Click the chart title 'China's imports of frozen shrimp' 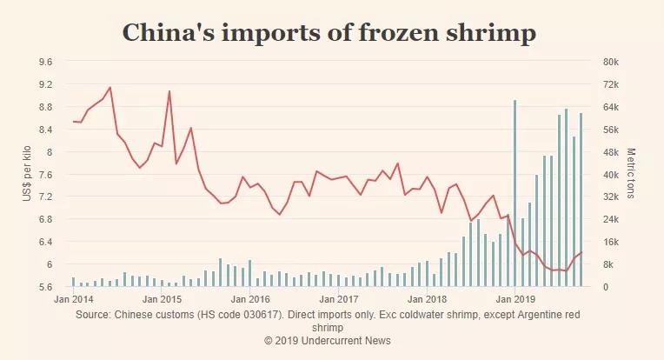click(x=329, y=33)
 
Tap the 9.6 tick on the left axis click(x=46, y=62)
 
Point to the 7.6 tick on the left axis click(x=46, y=175)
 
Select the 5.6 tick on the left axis click(x=46, y=287)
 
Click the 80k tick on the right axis click(x=610, y=62)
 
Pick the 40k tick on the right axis click(x=610, y=175)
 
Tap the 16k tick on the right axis click(x=610, y=242)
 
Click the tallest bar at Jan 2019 click(x=515, y=191)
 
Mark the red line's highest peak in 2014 click(x=110, y=87)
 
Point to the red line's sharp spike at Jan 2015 click(x=169, y=91)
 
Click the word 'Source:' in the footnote click(x=94, y=315)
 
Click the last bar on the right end click(x=581, y=200)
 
